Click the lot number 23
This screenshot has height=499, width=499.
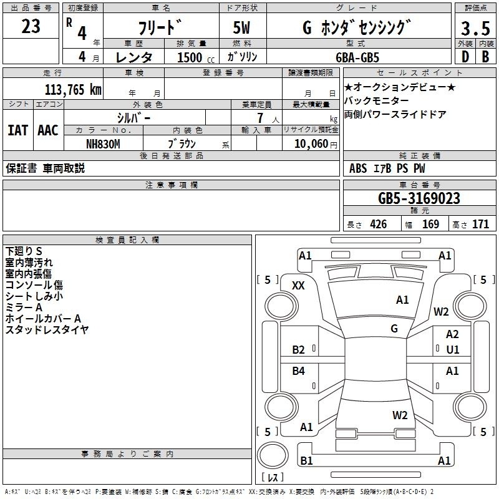tap(31, 26)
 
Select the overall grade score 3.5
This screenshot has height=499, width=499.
tap(475, 28)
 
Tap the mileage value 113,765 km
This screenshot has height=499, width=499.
tap(73, 90)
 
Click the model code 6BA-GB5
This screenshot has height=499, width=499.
tap(357, 57)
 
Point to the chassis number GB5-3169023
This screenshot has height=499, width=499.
tap(419, 198)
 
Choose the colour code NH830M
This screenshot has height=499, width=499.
tap(103, 144)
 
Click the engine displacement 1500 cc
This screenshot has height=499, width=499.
tap(196, 57)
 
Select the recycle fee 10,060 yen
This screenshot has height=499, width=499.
tap(316, 144)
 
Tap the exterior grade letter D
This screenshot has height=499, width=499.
tap(465, 57)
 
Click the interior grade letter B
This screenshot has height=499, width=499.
tap(486, 57)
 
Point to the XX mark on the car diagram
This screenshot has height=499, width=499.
tap(298, 286)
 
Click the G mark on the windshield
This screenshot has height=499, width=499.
tap(394, 328)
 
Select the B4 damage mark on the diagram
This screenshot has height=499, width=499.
tap(298, 371)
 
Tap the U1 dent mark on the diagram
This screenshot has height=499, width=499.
tap(453, 350)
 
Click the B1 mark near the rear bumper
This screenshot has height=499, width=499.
tap(306, 460)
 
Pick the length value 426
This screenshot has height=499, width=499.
tap(379, 224)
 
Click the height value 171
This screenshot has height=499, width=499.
tap(480, 224)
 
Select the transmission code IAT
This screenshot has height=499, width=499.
tap(18, 130)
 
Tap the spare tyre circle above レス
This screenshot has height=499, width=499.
tap(273, 455)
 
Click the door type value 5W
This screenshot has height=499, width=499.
tap(241, 27)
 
